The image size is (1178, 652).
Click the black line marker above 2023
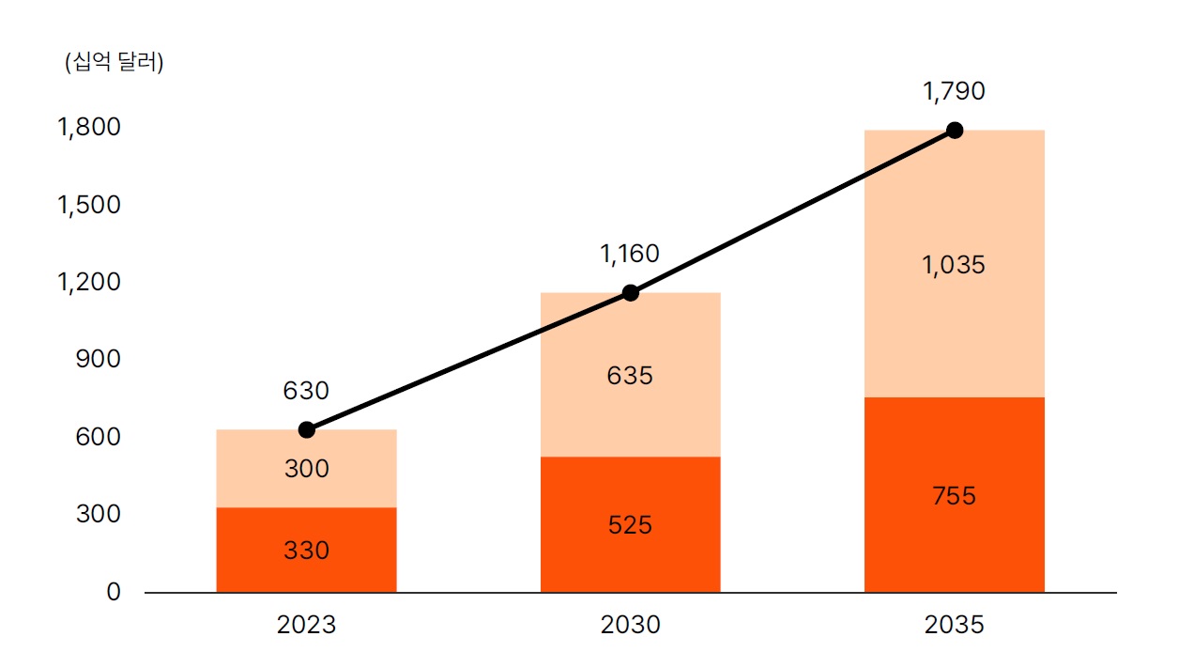coord(307,430)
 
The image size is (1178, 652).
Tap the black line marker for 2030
coord(631,293)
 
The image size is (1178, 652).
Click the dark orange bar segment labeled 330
coord(306,550)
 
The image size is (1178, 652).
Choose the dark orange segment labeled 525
coord(630,524)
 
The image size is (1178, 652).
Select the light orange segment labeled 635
coord(630,376)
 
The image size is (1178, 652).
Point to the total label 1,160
coord(630,254)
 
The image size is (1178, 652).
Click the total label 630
coord(306,391)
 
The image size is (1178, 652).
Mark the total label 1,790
coord(954,91)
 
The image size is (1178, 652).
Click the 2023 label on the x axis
coord(306,625)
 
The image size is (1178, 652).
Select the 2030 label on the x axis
coord(630,625)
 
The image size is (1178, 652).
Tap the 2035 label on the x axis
coord(954,625)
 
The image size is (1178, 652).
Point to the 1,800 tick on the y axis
coord(90,127)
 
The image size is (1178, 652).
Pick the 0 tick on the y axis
coord(114,593)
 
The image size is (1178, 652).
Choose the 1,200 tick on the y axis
coord(90,282)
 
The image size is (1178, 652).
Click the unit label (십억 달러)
coord(114,64)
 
